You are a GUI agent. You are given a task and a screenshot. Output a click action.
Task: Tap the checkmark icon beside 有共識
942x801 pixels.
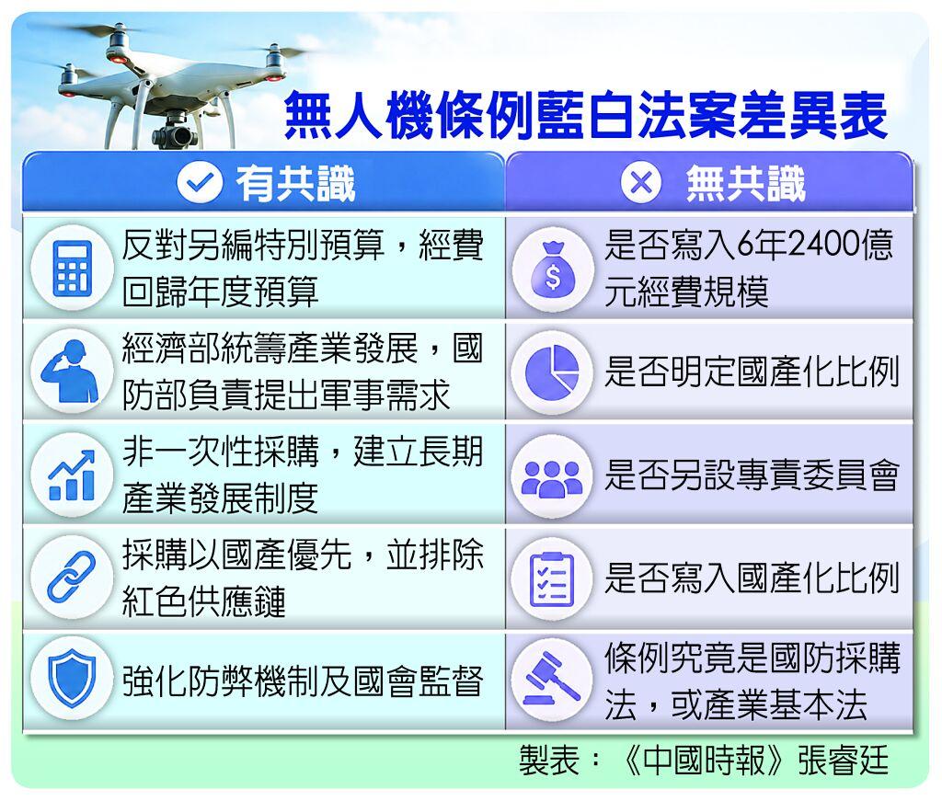point(200,182)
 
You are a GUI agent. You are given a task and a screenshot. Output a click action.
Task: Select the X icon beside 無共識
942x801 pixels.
point(641,182)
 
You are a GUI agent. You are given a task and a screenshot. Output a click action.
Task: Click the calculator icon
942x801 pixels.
point(72,269)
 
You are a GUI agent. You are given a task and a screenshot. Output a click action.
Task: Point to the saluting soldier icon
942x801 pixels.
point(71,372)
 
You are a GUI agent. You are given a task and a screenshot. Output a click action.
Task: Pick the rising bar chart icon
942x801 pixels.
point(72,475)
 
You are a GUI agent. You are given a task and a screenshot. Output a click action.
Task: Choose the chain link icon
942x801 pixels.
point(72,577)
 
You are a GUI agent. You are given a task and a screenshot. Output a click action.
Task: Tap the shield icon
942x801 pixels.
point(72,681)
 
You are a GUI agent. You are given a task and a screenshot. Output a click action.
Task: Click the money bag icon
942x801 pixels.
point(553,269)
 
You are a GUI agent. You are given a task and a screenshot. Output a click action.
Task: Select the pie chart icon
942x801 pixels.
point(552,372)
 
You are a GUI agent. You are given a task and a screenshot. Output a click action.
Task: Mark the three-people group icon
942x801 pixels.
point(552,478)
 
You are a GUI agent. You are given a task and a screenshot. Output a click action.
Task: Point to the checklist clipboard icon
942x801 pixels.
point(552,578)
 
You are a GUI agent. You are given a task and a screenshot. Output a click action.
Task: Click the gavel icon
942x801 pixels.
point(552,679)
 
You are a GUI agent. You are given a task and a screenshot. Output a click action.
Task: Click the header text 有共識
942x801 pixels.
point(295,183)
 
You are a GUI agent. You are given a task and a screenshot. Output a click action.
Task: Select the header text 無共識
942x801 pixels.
point(745,183)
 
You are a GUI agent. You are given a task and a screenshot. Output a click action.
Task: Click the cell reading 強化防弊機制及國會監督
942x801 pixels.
point(303,681)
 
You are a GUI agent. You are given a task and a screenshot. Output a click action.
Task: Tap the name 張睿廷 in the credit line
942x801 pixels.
point(844,760)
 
